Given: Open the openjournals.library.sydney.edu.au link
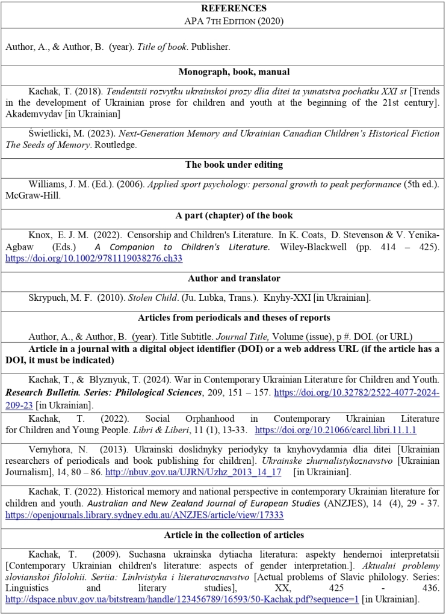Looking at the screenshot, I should pyautogui.click(x=144, y=515).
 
